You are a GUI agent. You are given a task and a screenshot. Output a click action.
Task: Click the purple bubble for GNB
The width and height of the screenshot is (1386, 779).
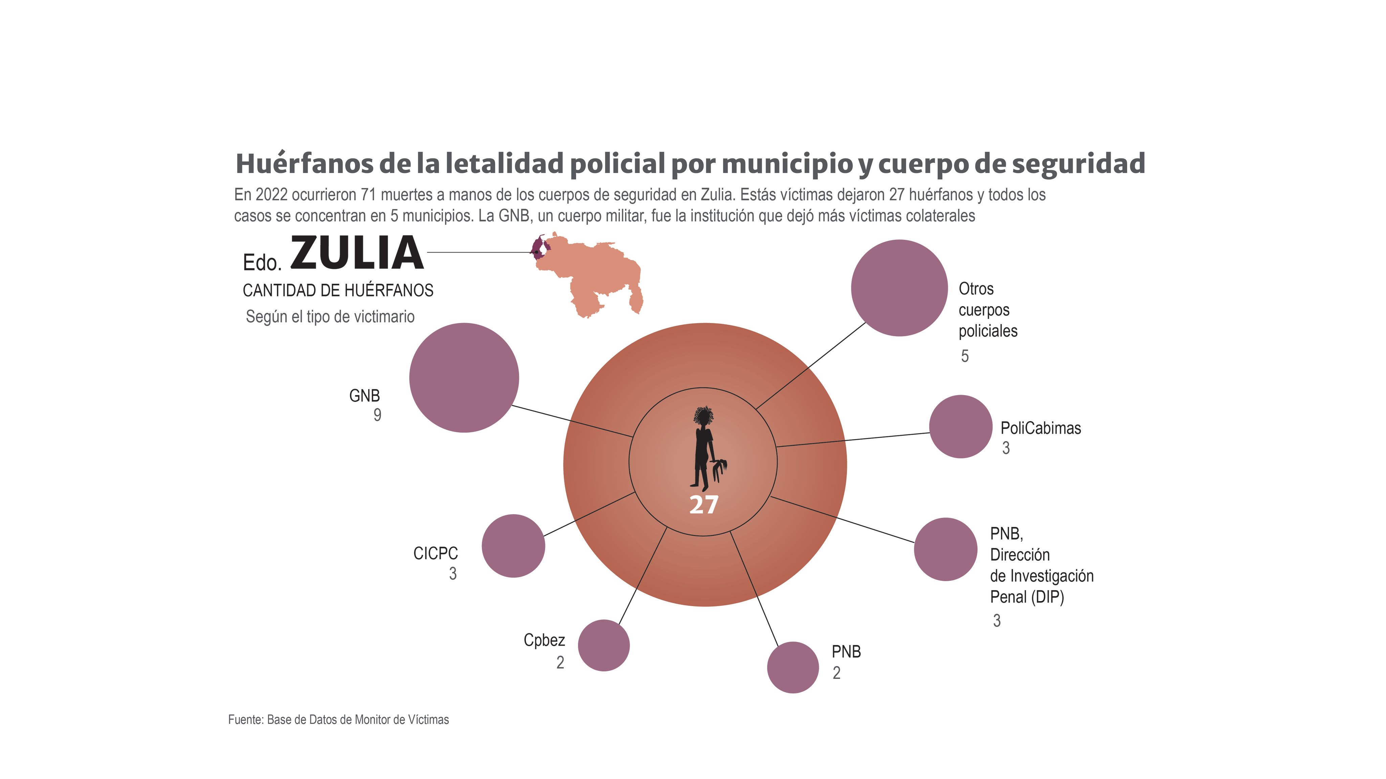(x=464, y=378)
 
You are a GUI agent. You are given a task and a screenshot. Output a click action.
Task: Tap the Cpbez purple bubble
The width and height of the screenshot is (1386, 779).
(x=604, y=646)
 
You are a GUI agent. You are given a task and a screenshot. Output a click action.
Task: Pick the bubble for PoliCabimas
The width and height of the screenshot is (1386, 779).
(x=960, y=427)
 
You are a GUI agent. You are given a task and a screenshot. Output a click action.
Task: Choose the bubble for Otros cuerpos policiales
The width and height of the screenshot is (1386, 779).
(x=899, y=288)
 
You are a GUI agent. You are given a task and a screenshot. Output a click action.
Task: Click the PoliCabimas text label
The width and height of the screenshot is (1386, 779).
(x=1041, y=428)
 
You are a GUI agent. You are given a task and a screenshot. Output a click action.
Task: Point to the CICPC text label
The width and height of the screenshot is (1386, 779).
(x=435, y=554)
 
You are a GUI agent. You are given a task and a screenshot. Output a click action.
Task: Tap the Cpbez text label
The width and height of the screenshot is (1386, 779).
(x=544, y=640)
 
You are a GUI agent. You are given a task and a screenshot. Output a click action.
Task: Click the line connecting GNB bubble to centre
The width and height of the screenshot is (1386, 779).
(x=570, y=421)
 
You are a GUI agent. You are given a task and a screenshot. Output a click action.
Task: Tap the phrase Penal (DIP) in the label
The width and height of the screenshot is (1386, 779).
(x=1027, y=597)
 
